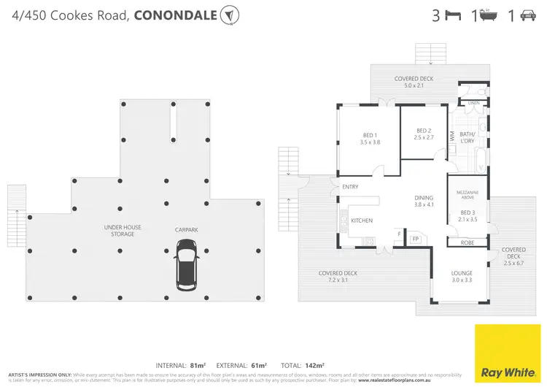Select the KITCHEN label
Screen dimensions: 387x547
pyautogui.click(x=362, y=220)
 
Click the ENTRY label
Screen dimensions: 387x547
pyautogui.click(x=350, y=187)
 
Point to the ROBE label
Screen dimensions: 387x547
pyautogui.click(x=467, y=242)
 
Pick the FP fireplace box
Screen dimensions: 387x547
pyautogui.click(x=415, y=239)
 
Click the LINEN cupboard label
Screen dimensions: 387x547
pyautogui.click(x=473, y=104)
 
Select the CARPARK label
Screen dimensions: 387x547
pyautogui.click(x=187, y=229)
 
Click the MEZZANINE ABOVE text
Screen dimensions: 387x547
pyautogui.click(x=467, y=195)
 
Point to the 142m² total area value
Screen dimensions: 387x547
pyautogui.click(x=314, y=364)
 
